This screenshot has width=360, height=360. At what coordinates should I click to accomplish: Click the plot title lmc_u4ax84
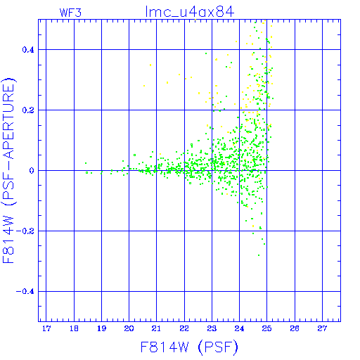pos(190,12)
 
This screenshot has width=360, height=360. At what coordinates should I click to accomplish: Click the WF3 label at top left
pos(70,13)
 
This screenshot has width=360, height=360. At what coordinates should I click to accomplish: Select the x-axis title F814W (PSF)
pos(189,347)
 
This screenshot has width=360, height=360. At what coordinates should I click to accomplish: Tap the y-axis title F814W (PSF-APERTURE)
pos(8,170)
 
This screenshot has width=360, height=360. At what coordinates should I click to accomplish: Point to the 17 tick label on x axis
pos(46,328)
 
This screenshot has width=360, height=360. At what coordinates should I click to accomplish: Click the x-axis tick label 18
pos(74,328)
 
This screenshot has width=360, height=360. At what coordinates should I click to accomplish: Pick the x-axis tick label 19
pos(101,328)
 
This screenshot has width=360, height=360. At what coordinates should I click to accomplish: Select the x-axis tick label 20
pos(129,328)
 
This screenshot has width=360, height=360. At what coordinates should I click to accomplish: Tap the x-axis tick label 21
pos(156,328)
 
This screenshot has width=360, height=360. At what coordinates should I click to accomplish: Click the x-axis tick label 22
pos(184,328)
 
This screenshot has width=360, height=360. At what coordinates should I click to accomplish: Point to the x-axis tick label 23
pos(212,328)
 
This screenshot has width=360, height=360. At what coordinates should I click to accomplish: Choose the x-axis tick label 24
pos(239,328)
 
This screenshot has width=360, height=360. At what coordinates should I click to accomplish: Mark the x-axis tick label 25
pos(267,328)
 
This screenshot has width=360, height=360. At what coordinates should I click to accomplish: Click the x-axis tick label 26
pos(295,328)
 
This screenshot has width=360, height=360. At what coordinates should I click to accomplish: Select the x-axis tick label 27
pos(322,328)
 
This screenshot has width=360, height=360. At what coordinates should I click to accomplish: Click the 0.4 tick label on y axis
pos(28,50)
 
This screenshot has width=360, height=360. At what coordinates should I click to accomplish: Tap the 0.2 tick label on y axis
pos(28,110)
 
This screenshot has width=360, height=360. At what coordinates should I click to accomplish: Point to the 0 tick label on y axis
pos(32,171)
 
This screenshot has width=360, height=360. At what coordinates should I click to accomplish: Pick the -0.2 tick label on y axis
pos(25,231)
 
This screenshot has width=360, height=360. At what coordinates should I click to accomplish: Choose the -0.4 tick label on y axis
pos(25,292)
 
